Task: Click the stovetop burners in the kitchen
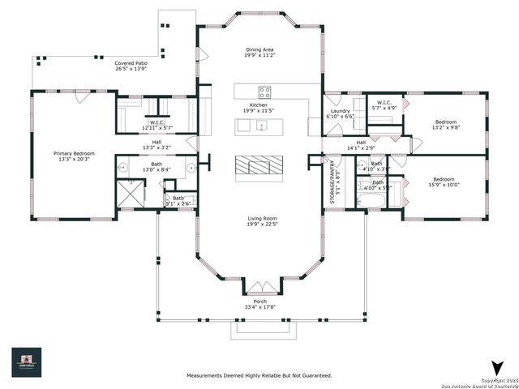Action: click(x=264, y=91)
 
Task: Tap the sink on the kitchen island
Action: click(x=261, y=126)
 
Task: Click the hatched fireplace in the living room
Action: click(x=259, y=165)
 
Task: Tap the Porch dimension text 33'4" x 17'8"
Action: click(x=259, y=306)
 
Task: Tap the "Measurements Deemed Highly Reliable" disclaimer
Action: click(x=259, y=375)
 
